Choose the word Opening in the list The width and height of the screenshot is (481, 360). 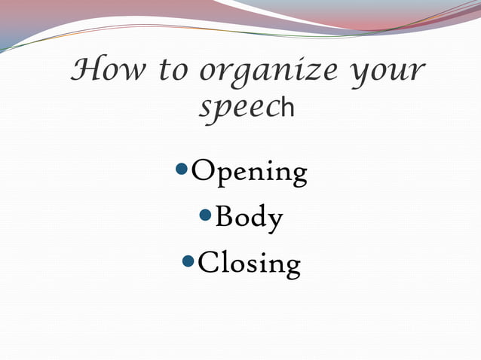click(x=250, y=173)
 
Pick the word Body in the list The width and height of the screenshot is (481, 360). click(x=250, y=218)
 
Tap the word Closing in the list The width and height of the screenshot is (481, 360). click(x=249, y=264)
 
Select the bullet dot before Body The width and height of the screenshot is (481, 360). click(x=205, y=216)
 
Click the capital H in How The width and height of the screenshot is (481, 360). click(x=84, y=71)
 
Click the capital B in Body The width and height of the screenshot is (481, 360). click(x=224, y=217)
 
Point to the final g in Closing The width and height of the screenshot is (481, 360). click(x=291, y=267)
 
